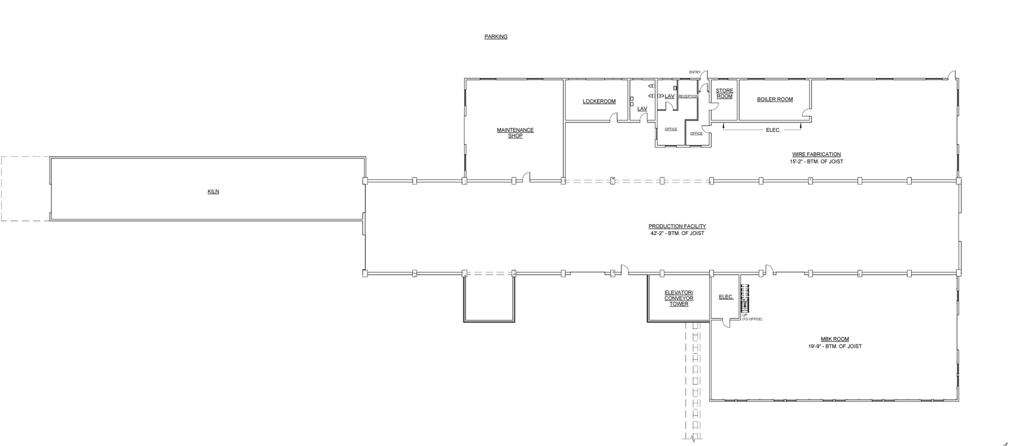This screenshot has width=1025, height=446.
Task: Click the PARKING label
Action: [x=496, y=36]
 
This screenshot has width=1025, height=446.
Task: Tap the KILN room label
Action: [x=213, y=191]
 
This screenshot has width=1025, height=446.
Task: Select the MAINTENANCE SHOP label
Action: [x=515, y=133]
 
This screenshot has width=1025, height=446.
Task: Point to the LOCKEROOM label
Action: [x=599, y=101]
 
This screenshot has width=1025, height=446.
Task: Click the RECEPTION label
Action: [x=688, y=96]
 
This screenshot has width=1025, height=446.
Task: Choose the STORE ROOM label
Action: [x=724, y=93]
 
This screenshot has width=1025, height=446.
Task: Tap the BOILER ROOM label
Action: [x=775, y=99]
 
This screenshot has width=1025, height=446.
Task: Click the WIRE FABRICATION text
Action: [x=816, y=154]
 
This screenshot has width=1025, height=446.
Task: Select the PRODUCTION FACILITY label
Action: [x=677, y=226]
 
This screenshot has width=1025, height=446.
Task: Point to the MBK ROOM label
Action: [x=834, y=339]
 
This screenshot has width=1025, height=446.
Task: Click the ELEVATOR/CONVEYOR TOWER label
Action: [x=679, y=298]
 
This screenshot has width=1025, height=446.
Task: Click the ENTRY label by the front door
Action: [x=694, y=72]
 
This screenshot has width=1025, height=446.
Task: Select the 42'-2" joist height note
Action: [x=677, y=233]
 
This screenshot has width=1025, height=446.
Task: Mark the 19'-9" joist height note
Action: [x=835, y=346]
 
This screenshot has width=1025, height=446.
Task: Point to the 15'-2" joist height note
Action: [x=816, y=161]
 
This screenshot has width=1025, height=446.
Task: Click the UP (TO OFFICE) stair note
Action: [x=752, y=317]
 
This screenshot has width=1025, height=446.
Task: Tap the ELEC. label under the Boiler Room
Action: [x=773, y=130]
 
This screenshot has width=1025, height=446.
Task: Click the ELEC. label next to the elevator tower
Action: [x=726, y=297]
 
